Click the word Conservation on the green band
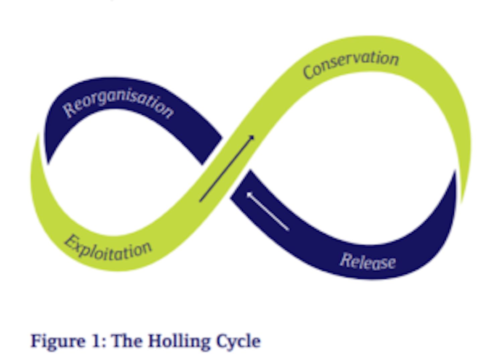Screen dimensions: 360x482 350,65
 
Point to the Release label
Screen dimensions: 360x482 368,261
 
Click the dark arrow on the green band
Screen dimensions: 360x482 226,169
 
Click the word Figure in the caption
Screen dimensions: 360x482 58,341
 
